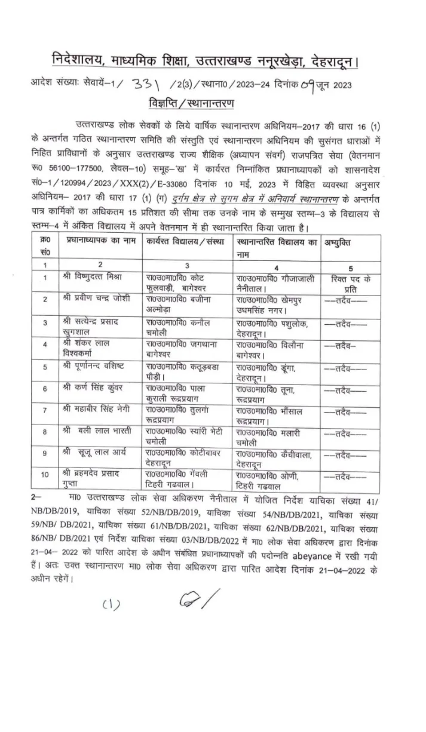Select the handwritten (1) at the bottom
pyautogui.click(x=111, y=605)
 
